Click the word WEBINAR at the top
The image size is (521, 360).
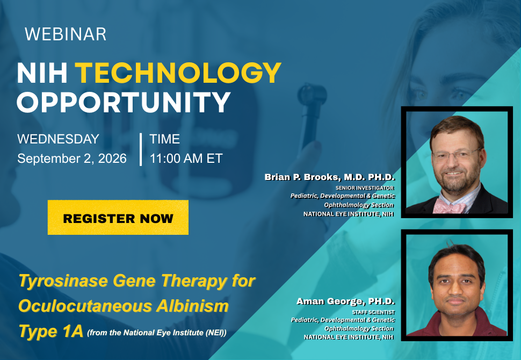point(66,34)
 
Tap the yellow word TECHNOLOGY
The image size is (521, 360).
point(178,73)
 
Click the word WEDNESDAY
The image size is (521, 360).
point(58,139)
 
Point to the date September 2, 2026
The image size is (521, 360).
point(72,159)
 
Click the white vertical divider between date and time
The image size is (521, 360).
point(141,149)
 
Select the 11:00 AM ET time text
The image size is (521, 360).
point(186,159)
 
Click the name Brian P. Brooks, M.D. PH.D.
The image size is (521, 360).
point(330,177)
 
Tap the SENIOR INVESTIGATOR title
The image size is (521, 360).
point(365,188)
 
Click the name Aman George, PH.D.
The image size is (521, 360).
point(345,301)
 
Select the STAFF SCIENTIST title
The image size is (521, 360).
point(373,313)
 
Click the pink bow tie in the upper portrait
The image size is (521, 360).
point(449,206)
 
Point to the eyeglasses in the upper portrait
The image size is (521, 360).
point(457,155)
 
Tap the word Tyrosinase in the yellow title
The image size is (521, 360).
point(63,281)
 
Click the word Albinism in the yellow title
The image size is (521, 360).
point(192,306)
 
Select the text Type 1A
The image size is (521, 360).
point(50,331)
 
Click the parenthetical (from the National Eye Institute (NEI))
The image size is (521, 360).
point(157,333)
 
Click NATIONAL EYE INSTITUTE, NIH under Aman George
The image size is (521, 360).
point(349,337)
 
